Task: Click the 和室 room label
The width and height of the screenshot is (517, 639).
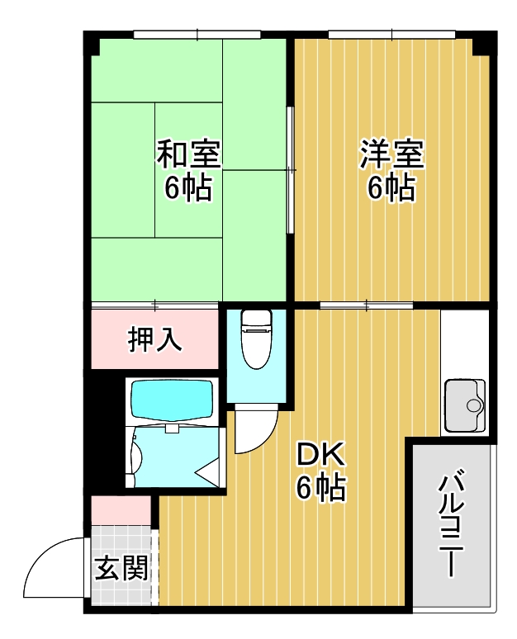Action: click(188, 154)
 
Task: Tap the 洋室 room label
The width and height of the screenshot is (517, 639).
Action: click(391, 154)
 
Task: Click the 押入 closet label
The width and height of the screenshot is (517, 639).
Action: click(154, 340)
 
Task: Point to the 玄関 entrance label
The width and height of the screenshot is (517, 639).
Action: click(121, 568)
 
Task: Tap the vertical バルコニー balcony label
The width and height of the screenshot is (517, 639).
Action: click(452, 526)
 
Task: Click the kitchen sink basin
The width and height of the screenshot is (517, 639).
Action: click(467, 405)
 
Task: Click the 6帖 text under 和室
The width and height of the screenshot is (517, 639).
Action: click(188, 189)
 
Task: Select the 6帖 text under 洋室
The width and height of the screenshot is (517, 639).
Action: click(391, 189)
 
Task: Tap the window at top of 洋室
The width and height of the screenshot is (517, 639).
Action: click(392, 35)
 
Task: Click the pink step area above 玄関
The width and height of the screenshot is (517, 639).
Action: click(121, 509)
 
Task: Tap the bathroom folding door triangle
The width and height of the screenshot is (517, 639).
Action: click(209, 472)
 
